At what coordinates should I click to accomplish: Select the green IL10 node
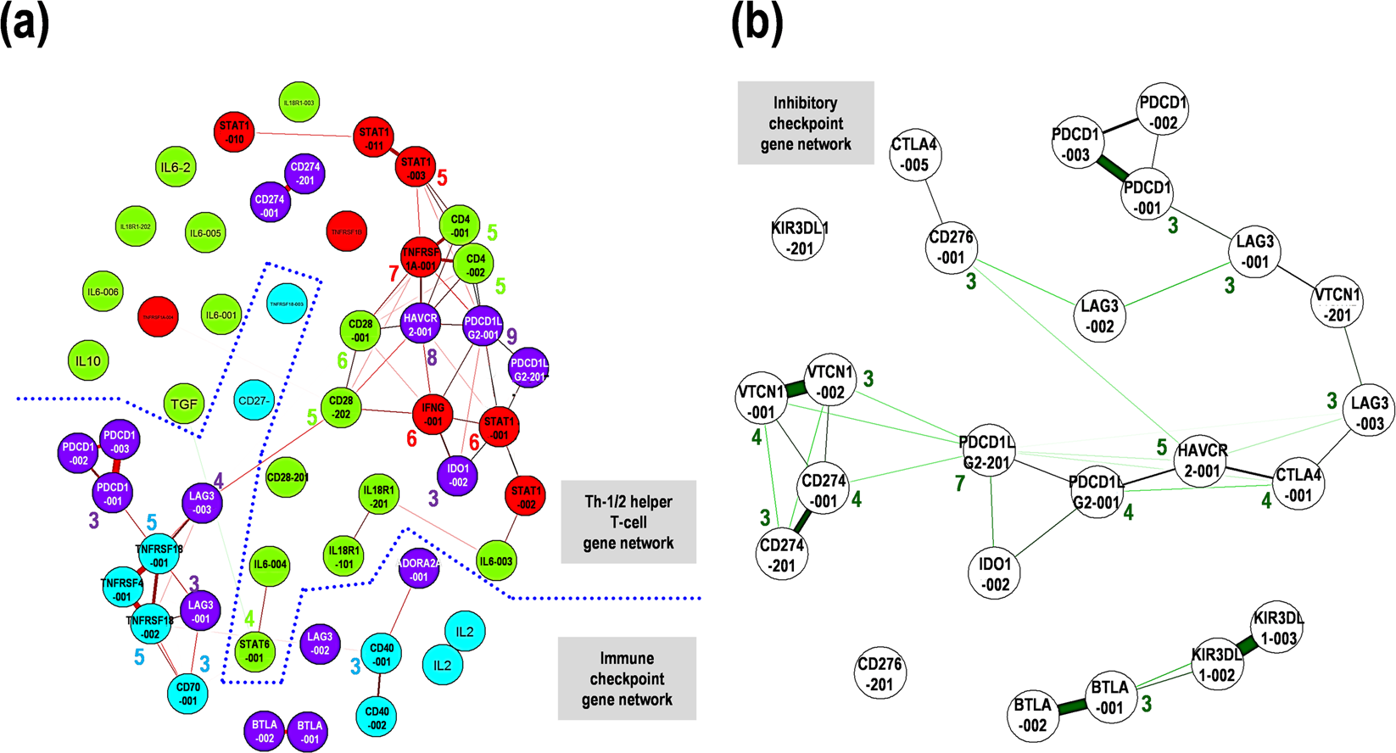click(x=88, y=361)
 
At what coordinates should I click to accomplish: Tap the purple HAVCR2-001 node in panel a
click(x=421, y=325)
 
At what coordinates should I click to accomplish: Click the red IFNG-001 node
click(x=433, y=414)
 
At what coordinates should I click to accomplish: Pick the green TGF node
click(x=184, y=404)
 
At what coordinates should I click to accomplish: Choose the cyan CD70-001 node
click(x=187, y=694)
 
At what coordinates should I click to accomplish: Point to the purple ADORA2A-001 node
click(x=418, y=570)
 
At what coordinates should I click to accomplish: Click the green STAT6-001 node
click(x=254, y=650)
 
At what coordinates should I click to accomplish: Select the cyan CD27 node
click(x=254, y=400)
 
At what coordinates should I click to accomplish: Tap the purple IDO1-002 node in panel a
click(x=457, y=475)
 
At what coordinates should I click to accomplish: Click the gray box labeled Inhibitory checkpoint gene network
click(x=805, y=123)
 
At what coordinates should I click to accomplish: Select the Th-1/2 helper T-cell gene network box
click(x=628, y=522)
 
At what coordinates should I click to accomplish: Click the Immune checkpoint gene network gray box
click(x=627, y=678)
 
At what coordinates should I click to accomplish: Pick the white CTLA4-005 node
click(x=914, y=154)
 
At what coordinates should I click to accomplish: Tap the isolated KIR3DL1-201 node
click(x=799, y=237)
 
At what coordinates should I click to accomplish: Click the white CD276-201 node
click(x=879, y=673)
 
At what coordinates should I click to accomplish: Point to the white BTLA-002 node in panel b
click(x=1032, y=715)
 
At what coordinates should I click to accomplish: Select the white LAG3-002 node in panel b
click(x=1099, y=315)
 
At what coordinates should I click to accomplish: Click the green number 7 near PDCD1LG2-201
click(x=959, y=484)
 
